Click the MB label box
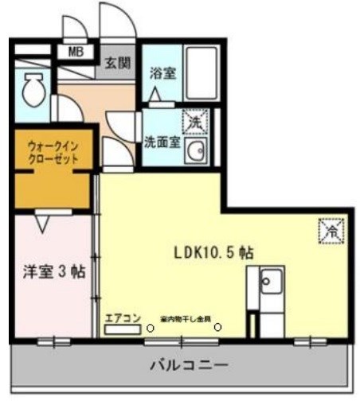coord(76,53)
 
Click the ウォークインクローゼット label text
coord(53,154)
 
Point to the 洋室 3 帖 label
coord(53,270)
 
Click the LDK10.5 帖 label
coord(214,252)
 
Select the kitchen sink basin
coord(270,281)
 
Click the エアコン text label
coord(122,318)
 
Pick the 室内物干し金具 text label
coord(186,318)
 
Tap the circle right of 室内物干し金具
coord(219,325)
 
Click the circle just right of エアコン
coord(150,325)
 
